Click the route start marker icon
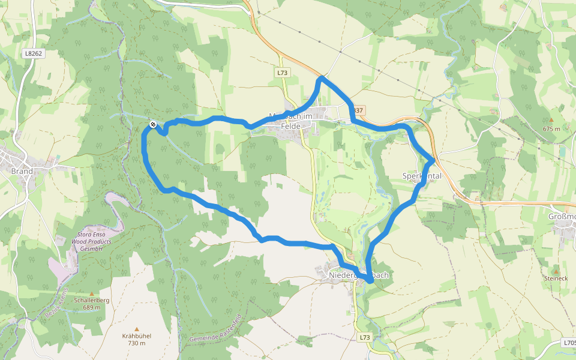[x=154, y=124]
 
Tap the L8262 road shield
[x=34, y=53]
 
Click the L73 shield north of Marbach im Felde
[x=283, y=73]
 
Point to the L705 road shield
[x=570, y=343]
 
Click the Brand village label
[x=22, y=171]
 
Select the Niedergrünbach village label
[x=359, y=275]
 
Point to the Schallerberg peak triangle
[x=91, y=293]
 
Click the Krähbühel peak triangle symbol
[x=137, y=329]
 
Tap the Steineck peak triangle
[x=555, y=272]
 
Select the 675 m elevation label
[x=551, y=128]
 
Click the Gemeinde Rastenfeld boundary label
[x=215, y=328]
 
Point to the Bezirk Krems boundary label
[x=57, y=302]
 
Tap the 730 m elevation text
[x=137, y=343]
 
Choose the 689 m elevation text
[x=91, y=307]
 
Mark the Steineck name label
[x=555, y=278]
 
